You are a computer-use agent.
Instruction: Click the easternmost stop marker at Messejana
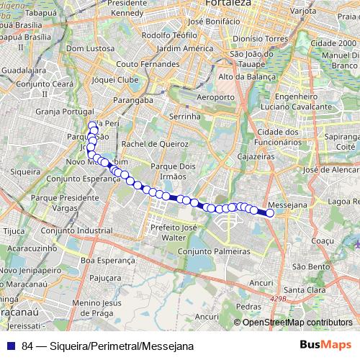pos(270,213)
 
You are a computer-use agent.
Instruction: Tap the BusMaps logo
pos(325,345)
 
